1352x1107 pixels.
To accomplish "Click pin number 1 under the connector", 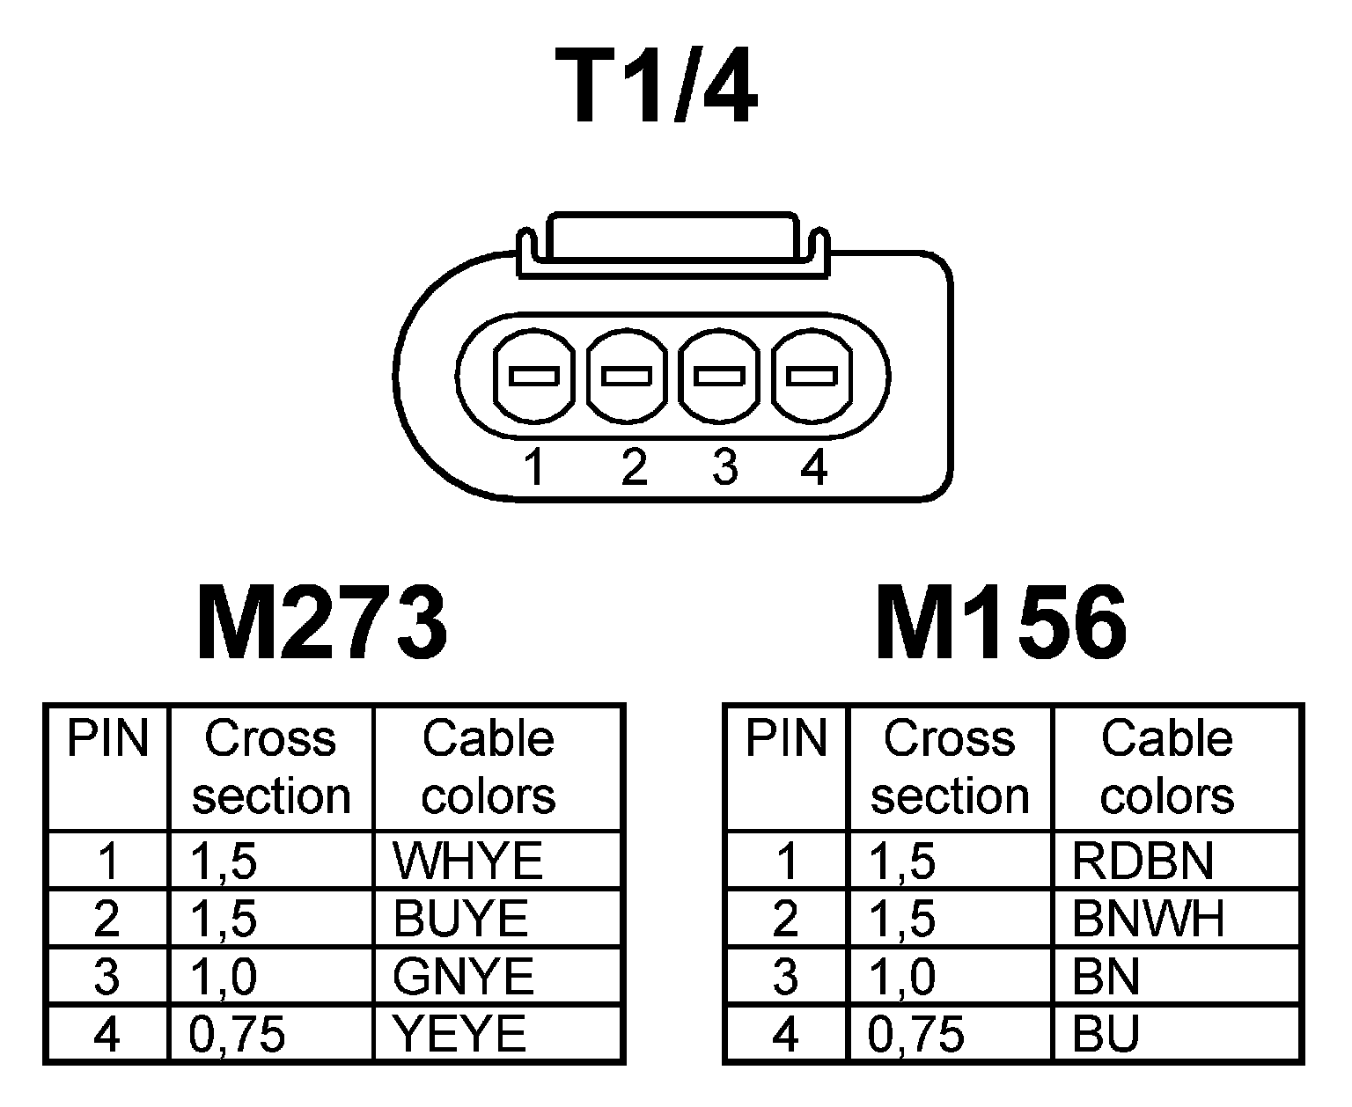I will (x=534, y=467).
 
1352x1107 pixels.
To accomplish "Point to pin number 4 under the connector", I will (x=814, y=467).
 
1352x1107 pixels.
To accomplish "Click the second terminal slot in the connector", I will (x=627, y=377).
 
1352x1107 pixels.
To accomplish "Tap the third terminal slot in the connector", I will (x=720, y=377).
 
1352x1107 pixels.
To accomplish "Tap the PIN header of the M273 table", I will (x=107, y=738).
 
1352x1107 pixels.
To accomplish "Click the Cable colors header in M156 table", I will (x=1166, y=766).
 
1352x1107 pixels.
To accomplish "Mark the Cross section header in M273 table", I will (x=271, y=766).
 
